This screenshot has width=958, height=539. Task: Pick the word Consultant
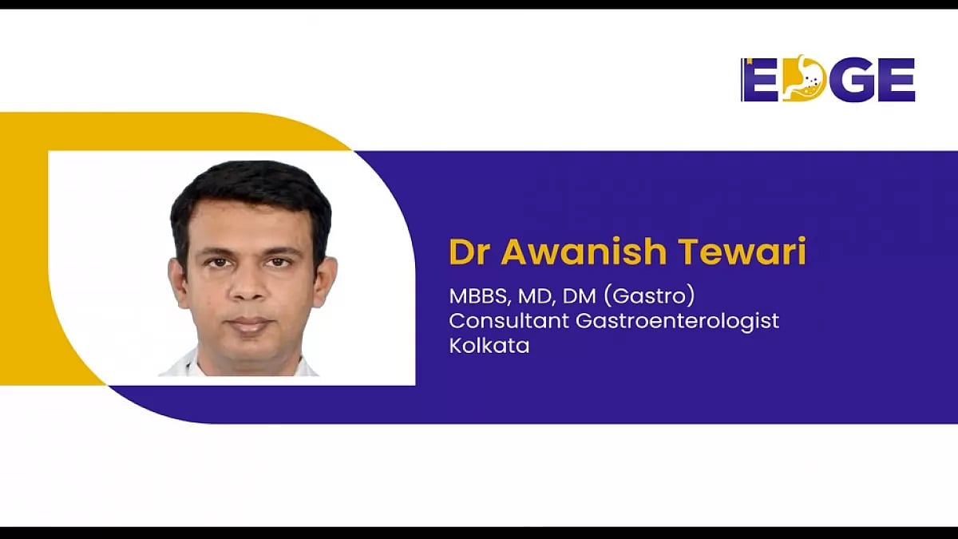[505, 321]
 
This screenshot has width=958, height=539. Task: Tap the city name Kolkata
[489, 346]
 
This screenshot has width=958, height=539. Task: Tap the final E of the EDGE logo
[896, 80]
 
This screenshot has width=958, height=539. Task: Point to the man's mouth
[249, 324]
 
